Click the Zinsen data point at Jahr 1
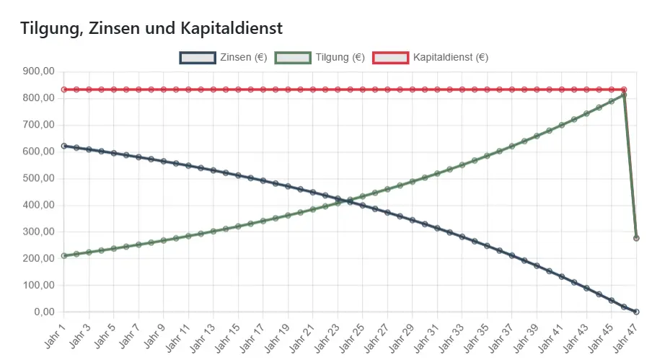tap(64, 146)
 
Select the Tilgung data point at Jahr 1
tap(64, 255)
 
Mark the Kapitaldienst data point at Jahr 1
tap(64, 89)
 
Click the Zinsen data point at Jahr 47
tap(636, 312)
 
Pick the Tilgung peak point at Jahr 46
tap(624, 95)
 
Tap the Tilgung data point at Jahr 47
tap(636, 237)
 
